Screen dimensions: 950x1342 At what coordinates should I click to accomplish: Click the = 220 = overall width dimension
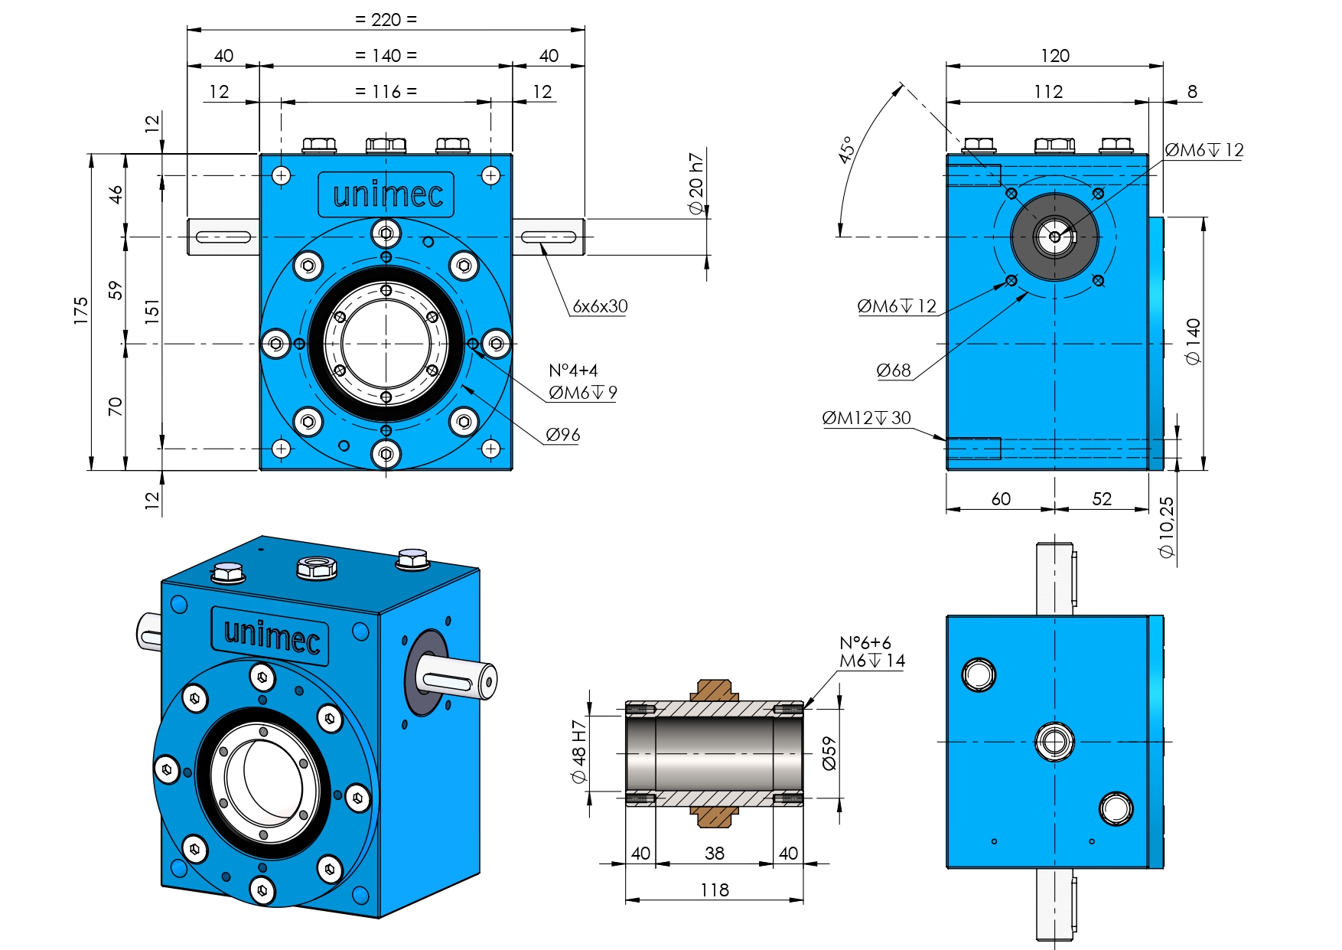click(386, 19)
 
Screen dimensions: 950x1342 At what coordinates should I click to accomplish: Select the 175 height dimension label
click(81, 311)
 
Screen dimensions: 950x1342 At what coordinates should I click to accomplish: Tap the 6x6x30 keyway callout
click(600, 306)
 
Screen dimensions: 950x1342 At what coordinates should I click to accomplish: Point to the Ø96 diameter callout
click(562, 435)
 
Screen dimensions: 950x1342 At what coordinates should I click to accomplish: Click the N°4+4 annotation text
click(573, 371)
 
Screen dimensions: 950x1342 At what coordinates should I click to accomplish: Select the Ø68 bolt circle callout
click(894, 371)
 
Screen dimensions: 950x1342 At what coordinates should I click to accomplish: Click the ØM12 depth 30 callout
click(866, 418)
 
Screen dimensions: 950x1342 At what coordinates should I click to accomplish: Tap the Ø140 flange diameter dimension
click(1193, 341)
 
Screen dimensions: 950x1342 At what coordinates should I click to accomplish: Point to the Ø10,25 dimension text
click(1166, 527)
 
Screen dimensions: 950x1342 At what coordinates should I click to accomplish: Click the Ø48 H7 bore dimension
click(579, 752)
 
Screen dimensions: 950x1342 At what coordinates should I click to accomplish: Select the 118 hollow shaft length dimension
click(715, 890)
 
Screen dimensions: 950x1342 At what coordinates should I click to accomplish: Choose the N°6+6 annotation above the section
click(865, 643)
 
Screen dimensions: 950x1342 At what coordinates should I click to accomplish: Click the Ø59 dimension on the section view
click(829, 753)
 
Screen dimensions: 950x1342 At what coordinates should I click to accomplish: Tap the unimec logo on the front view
click(387, 194)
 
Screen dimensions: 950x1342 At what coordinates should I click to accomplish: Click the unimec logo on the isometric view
click(272, 635)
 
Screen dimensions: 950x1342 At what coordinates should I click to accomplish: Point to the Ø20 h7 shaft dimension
click(695, 184)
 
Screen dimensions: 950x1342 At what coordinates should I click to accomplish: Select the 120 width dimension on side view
click(1054, 56)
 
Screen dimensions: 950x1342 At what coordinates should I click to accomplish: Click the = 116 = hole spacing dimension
click(386, 92)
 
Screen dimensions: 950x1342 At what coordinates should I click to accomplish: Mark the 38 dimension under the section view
click(715, 853)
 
